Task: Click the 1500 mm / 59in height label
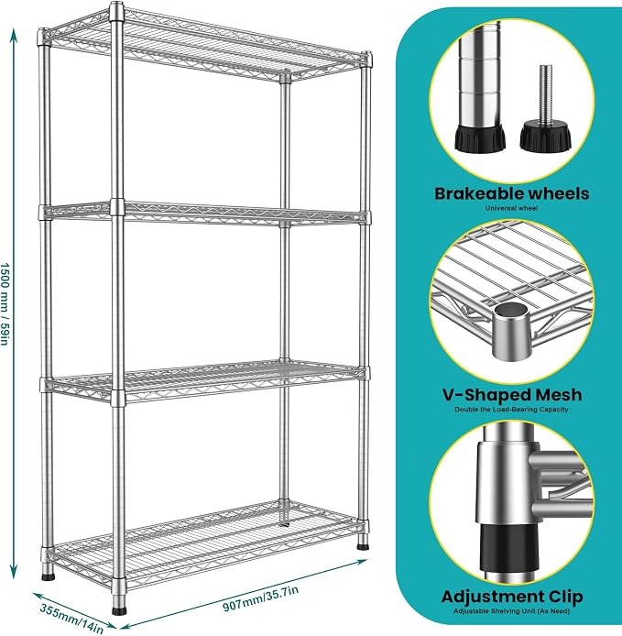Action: (5, 304)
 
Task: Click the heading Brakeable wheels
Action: (512, 194)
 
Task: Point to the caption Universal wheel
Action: (512, 208)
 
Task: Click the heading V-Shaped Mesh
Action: (512, 395)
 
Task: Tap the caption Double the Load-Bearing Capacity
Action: (511, 410)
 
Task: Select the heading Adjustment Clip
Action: (512, 597)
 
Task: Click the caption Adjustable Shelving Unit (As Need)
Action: (512, 611)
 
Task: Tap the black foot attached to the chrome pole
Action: (480, 138)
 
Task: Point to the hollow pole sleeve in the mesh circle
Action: (511, 331)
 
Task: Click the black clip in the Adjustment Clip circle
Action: (507, 546)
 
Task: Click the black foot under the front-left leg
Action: (48, 575)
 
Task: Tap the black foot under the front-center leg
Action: (119, 610)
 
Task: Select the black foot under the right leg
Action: (364, 546)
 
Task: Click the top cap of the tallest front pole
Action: (116, 11)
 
